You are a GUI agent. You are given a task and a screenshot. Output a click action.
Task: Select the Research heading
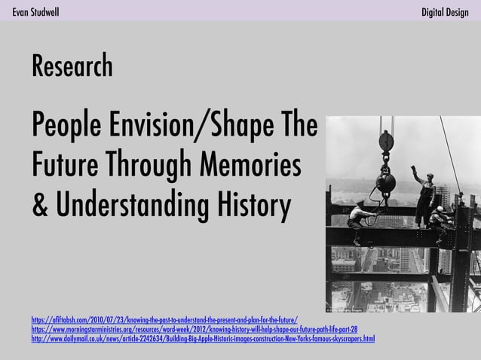(x=72, y=67)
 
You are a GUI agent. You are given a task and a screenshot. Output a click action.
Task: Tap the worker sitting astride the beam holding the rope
(x=362, y=218)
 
